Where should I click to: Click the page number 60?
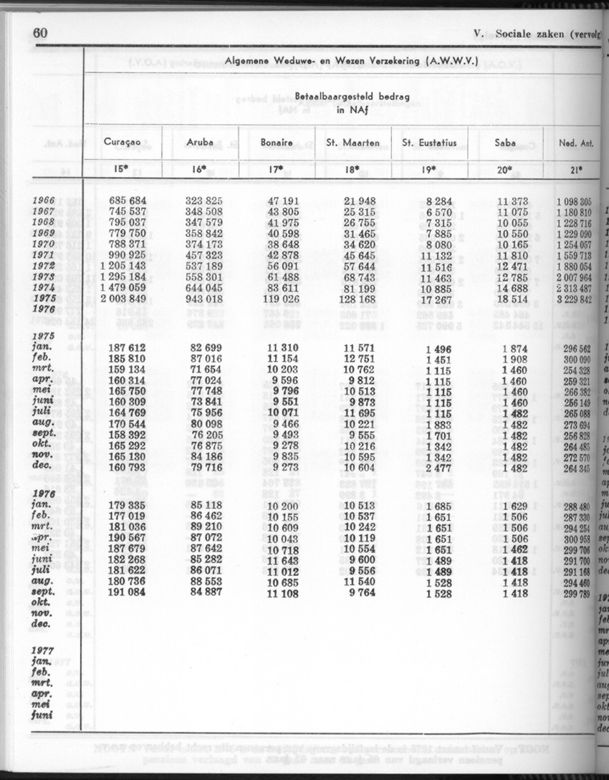click(40, 34)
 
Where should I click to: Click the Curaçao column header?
click(121, 143)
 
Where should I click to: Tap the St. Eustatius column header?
click(429, 143)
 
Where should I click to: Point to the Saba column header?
click(505, 143)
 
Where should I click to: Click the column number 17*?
click(277, 170)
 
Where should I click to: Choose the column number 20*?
click(505, 170)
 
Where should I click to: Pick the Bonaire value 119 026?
click(277, 298)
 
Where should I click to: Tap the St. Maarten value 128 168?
click(354, 298)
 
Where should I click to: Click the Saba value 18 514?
click(510, 298)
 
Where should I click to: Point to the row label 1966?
click(44, 202)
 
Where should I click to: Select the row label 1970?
click(44, 244)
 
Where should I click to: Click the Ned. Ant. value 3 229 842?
click(574, 299)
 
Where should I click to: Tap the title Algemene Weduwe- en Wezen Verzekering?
click(351, 61)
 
